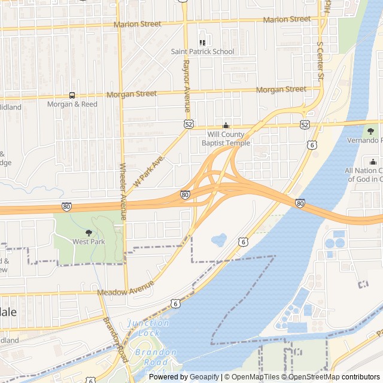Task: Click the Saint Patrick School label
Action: [202, 51]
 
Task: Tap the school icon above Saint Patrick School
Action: [202, 42]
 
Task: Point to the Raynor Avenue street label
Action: [186, 86]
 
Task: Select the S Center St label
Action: [320, 60]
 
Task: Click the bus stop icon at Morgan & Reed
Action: [72, 95]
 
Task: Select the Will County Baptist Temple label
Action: [225, 139]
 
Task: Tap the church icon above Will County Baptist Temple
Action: [226, 126]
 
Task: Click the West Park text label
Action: [89, 242]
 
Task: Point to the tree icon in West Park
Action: [89, 233]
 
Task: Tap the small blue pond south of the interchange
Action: [218, 240]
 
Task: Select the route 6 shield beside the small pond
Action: [242, 242]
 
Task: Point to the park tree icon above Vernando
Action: [371, 131]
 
